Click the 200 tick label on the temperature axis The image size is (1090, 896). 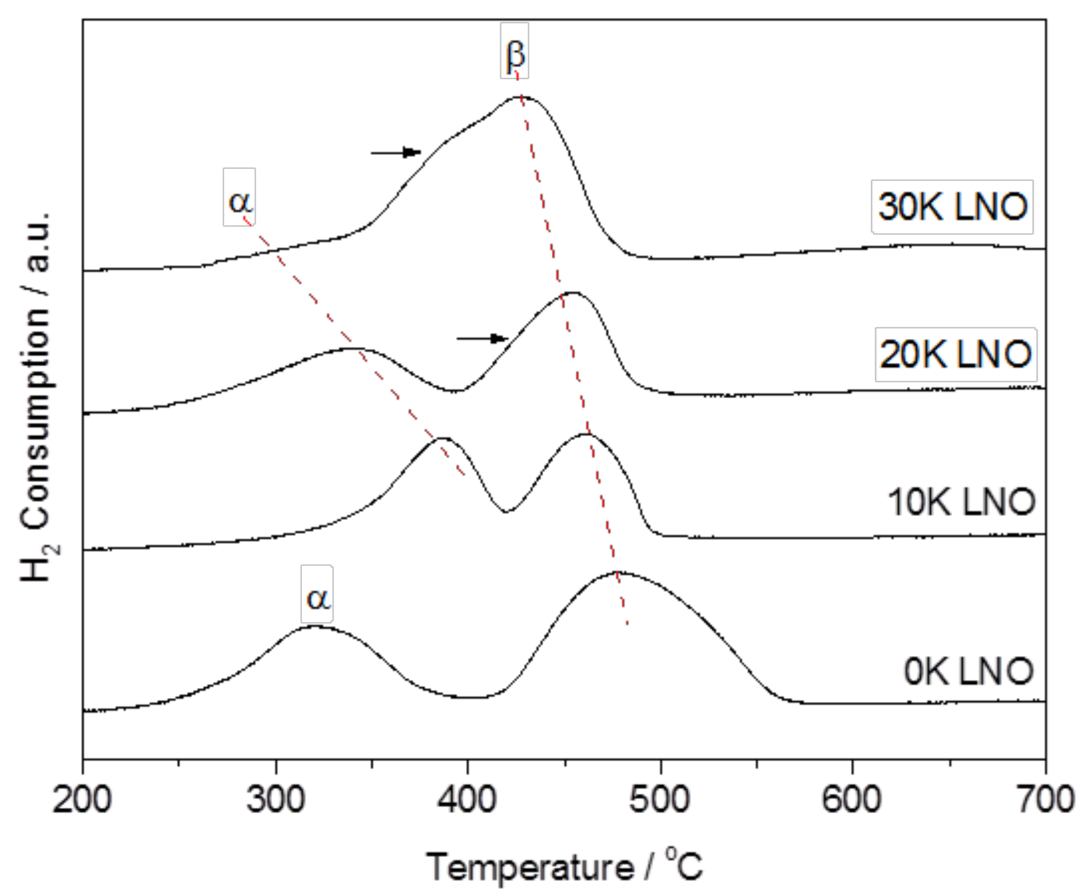pyautogui.click(x=82, y=799)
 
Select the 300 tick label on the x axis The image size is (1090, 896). pyautogui.click(x=275, y=799)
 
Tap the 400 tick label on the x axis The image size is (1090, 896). pyautogui.click(x=467, y=799)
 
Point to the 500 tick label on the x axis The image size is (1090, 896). pyautogui.click(x=660, y=799)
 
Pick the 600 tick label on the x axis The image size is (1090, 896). pyautogui.click(x=852, y=799)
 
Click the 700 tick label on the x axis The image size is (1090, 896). pyautogui.click(x=1044, y=799)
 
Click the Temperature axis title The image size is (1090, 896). pyautogui.click(x=563, y=866)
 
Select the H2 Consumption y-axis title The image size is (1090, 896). pyautogui.click(x=37, y=397)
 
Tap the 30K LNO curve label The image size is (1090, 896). pyautogui.click(x=952, y=206)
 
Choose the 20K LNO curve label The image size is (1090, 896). pyautogui.click(x=955, y=354)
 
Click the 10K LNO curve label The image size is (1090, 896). pyautogui.click(x=961, y=502)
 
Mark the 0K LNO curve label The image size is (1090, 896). pyautogui.click(x=968, y=671)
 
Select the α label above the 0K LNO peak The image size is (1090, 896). pyautogui.click(x=317, y=594)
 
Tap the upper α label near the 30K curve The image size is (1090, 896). pyautogui.click(x=239, y=197)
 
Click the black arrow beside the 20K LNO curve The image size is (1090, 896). pyautogui.click(x=482, y=338)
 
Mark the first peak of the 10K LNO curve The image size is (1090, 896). pyautogui.click(x=442, y=438)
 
